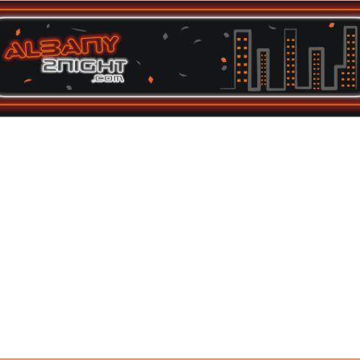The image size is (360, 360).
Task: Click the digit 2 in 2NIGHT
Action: [50, 66]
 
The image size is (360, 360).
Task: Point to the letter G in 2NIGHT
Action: [90, 66]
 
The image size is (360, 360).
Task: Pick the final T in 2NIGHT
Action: [119, 66]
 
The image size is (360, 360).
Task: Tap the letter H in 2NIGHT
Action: [105, 66]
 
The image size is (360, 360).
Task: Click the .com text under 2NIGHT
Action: [108, 78]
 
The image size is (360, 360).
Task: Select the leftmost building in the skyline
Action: [243, 59]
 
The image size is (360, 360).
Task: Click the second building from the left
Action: [263, 70]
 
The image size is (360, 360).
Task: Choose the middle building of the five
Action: [290, 58]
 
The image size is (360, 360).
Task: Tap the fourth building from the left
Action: [316, 68]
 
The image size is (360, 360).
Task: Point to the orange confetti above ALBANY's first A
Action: [18, 32]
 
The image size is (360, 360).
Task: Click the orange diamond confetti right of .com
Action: [150, 79]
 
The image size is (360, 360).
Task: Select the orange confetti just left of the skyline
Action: [223, 60]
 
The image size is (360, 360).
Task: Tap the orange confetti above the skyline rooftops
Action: [331, 25]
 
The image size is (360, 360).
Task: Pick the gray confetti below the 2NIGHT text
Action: [69, 88]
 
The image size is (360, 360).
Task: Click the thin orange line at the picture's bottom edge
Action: [180, 359]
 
